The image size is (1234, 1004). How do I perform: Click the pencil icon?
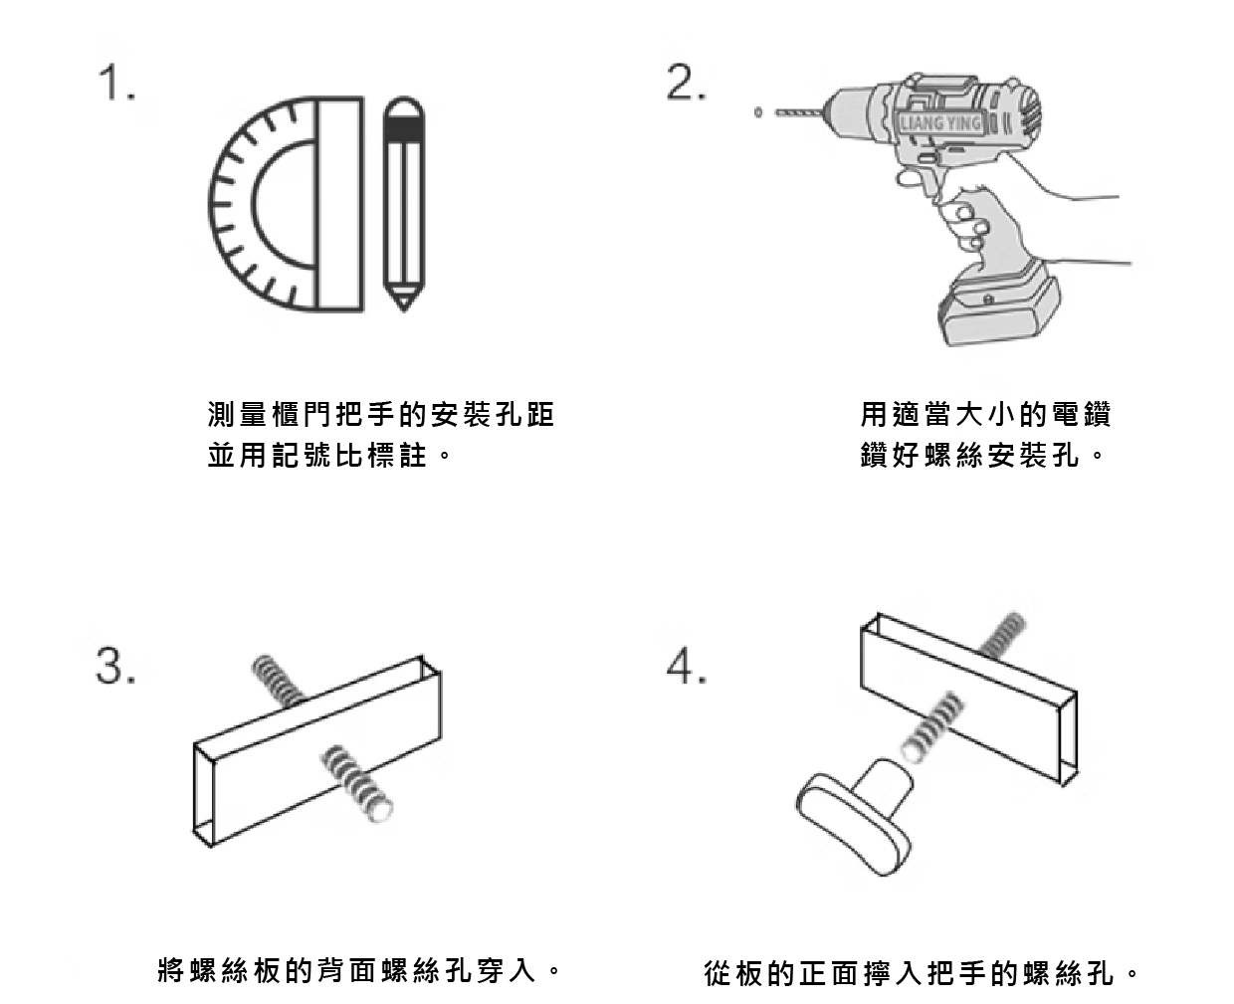tap(403, 203)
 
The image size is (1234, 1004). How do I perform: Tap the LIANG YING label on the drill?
tap(939, 123)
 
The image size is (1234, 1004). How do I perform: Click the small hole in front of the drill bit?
tap(758, 113)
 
